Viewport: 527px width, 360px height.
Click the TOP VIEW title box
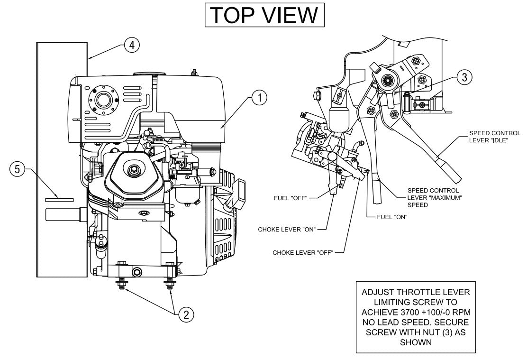tap(264, 15)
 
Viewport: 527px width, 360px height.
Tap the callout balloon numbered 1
tap(259, 98)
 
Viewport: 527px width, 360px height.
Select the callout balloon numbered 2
tap(186, 314)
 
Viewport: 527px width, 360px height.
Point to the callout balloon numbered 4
tap(132, 45)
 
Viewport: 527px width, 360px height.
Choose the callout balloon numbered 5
tap(18, 169)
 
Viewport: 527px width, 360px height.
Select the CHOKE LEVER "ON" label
tap(286, 229)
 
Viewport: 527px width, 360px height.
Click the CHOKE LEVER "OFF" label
tap(301, 252)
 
